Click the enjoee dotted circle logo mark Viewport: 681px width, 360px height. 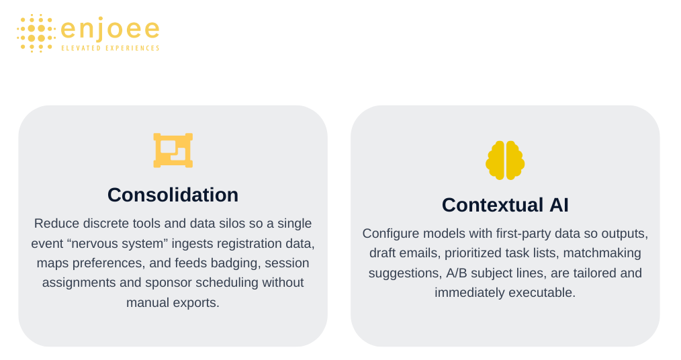pyautogui.click(x=36, y=34)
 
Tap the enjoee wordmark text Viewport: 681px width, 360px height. pyautogui.click(x=110, y=29)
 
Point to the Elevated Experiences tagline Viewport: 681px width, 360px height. pyautogui.click(x=110, y=48)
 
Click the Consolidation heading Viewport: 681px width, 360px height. pyautogui.click(x=173, y=195)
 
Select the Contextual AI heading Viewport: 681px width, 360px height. pyautogui.click(x=505, y=205)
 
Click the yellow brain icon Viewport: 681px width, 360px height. pyautogui.click(x=505, y=161)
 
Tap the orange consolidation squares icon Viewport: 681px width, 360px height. pyautogui.click(x=173, y=150)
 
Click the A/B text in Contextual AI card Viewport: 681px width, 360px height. pyautogui.click(x=457, y=273)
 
